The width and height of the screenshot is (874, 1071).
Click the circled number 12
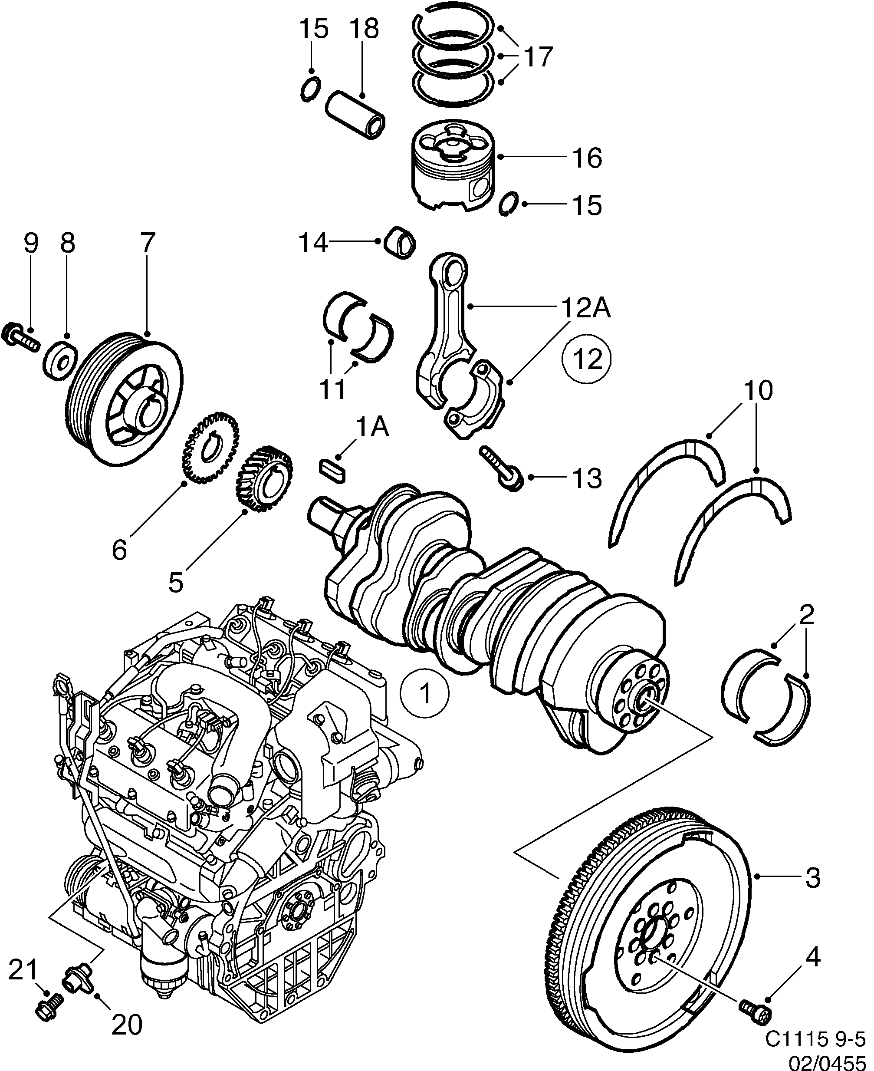(x=587, y=359)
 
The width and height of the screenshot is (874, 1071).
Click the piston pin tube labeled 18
(x=355, y=114)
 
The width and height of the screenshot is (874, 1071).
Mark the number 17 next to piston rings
(x=538, y=56)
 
